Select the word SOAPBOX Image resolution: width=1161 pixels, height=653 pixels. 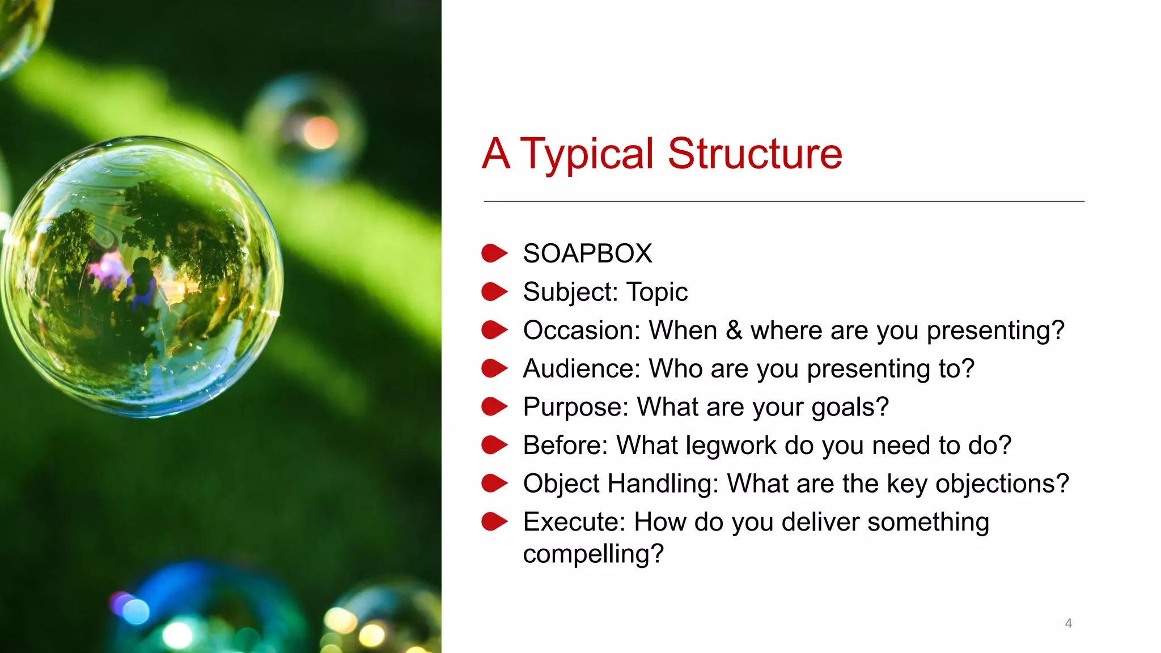(x=587, y=253)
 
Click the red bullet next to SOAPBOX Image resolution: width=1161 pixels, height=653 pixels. (x=494, y=253)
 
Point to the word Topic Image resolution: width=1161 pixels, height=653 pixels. (x=657, y=292)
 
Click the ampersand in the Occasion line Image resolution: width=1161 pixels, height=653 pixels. (x=734, y=330)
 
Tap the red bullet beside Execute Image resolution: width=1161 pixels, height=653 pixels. (x=494, y=521)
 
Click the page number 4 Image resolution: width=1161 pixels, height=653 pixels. (x=1068, y=623)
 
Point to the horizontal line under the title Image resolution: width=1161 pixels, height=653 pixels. (x=783, y=201)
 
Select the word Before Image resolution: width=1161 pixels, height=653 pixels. (x=565, y=445)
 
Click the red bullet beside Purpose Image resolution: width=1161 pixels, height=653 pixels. (x=494, y=406)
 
